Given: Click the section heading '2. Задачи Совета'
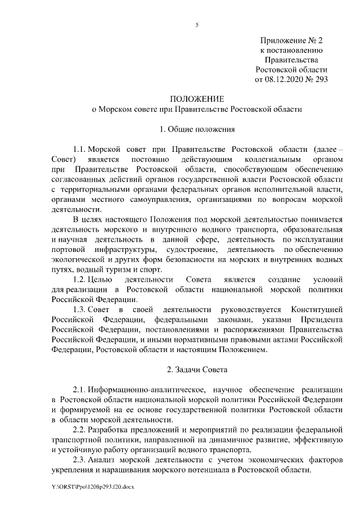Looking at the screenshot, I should [x=196, y=370].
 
